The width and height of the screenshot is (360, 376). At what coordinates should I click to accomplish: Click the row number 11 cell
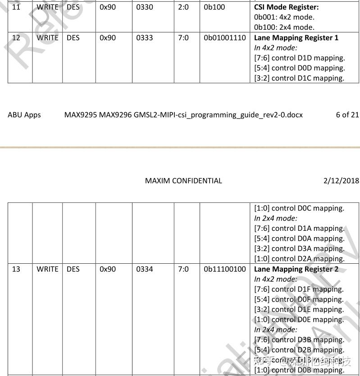16,7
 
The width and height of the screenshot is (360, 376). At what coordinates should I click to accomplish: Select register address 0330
145,7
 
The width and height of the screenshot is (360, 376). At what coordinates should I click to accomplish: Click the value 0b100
214,7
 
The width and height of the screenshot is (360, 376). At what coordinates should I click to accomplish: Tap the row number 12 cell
16,38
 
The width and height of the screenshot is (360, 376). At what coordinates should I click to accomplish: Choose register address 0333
145,38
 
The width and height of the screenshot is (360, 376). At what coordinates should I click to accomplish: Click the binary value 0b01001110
225,38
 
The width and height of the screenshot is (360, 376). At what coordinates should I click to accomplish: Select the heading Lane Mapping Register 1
296,38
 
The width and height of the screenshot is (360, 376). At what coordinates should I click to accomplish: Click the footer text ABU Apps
24,115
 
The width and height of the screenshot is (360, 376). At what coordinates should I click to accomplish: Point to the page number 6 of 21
347,115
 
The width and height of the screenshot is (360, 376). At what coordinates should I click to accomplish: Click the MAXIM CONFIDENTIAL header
183,181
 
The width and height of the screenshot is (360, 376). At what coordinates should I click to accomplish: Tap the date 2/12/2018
341,181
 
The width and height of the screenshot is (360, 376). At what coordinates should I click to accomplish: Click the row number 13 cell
16,269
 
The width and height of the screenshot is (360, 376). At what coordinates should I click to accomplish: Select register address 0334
145,269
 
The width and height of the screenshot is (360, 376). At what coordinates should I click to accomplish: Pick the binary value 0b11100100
225,269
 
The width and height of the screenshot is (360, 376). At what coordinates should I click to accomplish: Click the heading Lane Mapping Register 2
296,269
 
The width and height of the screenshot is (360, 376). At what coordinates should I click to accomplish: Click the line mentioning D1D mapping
299,58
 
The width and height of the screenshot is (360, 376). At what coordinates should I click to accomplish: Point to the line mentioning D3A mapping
299,248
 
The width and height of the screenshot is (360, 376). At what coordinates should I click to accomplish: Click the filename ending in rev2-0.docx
183,115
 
